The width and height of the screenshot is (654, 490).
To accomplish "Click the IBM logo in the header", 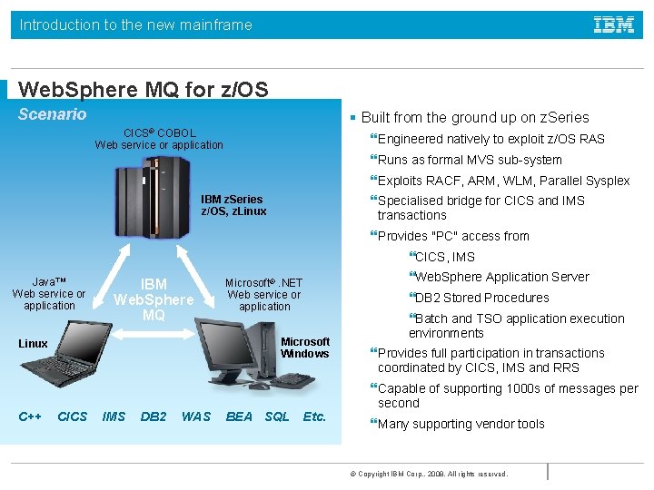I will (x=614, y=25).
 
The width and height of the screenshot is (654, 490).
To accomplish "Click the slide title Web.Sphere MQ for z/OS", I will (x=144, y=90).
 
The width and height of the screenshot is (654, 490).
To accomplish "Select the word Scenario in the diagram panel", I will (x=53, y=114).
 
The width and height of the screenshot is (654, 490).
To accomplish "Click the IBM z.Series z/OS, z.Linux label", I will (x=233, y=205).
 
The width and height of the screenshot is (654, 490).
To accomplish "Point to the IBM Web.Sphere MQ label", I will (x=154, y=299).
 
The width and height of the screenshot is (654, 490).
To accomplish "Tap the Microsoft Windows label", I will (x=304, y=348).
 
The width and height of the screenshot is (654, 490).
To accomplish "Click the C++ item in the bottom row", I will (x=30, y=416).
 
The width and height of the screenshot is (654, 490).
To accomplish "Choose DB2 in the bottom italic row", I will (x=154, y=416).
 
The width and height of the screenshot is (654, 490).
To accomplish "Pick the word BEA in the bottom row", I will (x=239, y=416).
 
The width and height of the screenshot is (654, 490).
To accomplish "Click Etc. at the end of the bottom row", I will (x=314, y=416).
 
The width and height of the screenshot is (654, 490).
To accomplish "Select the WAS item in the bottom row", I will (x=195, y=416).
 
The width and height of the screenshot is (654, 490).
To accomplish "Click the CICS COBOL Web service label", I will (x=159, y=139).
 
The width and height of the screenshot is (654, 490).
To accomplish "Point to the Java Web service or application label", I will (x=49, y=294).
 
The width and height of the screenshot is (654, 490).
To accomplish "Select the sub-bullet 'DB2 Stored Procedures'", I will (x=481, y=298).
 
